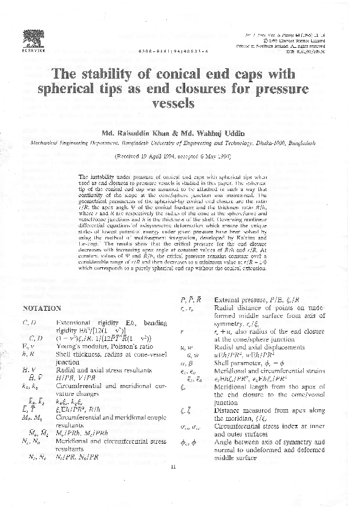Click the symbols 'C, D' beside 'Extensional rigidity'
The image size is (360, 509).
click(x=28, y=323)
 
